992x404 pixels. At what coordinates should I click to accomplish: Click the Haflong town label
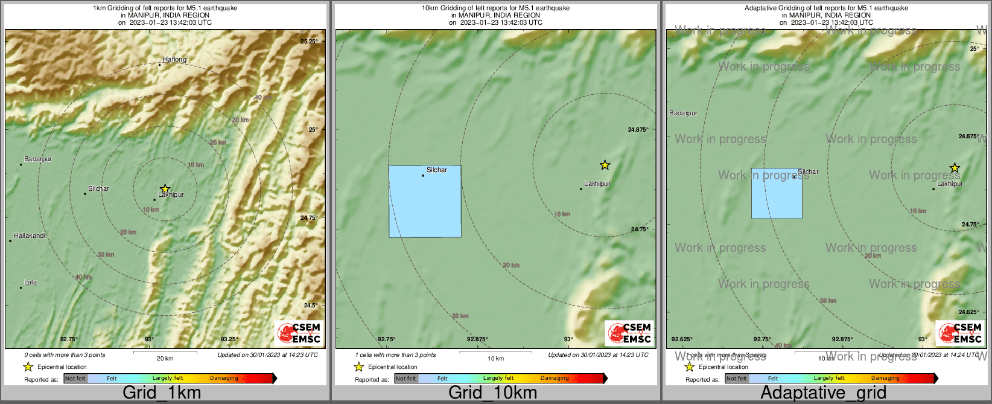pyautogui.click(x=174, y=60)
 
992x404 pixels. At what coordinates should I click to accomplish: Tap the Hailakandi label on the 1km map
pyautogui.click(x=30, y=236)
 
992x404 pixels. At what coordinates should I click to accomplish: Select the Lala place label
pyautogui.click(x=30, y=282)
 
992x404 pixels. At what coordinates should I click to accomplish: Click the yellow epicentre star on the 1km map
pyautogui.click(x=165, y=189)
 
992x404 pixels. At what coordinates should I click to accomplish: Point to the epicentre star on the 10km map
pyautogui.click(x=605, y=165)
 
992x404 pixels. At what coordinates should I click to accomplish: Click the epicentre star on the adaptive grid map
pyautogui.click(x=954, y=168)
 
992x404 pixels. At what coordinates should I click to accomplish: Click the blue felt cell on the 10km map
pyautogui.click(x=425, y=201)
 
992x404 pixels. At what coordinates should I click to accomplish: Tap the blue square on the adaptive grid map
pyautogui.click(x=777, y=193)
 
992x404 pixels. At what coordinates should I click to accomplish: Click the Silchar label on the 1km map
pyautogui.click(x=98, y=189)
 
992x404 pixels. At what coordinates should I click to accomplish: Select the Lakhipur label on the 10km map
pyautogui.click(x=597, y=184)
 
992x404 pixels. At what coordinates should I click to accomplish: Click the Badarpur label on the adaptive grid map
pyautogui.click(x=683, y=114)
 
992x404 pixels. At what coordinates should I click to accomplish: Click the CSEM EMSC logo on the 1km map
pyautogui.click(x=299, y=333)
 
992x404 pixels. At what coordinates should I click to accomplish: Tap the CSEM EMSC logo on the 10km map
pyautogui.click(x=630, y=333)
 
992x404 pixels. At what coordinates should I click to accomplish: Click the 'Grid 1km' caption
pyautogui.click(x=162, y=393)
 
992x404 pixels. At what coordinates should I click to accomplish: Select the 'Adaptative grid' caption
pyautogui.click(x=823, y=393)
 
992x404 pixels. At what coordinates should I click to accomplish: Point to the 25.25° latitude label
pyautogui.click(x=309, y=42)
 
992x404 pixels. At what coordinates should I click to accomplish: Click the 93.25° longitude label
pyautogui.click(x=229, y=339)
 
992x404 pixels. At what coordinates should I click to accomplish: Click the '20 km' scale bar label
pyautogui.click(x=165, y=359)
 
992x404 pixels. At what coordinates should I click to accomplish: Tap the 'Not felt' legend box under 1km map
pyautogui.click(x=75, y=379)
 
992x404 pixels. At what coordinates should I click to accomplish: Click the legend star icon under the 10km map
pyautogui.click(x=358, y=367)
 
